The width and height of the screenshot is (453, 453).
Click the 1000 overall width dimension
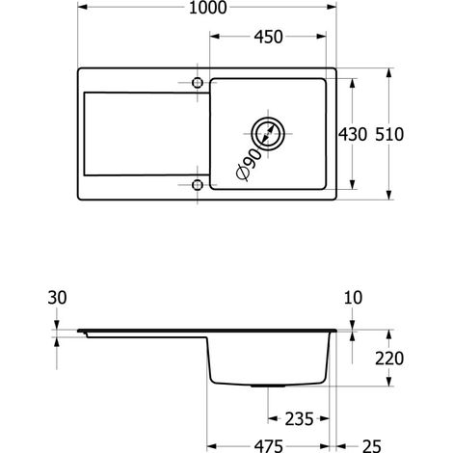click(x=207, y=8)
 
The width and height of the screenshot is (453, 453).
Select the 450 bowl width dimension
click(x=268, y=37)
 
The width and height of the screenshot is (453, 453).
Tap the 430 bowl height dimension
click(x=353, y=134)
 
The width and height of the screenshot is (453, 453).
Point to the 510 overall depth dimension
click(x=389, y=134)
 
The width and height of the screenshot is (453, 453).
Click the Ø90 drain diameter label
click(x=250, y=164)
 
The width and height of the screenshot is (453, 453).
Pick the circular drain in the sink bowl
click(x=268, y=134)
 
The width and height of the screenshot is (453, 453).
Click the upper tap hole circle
click(x=198, y=83)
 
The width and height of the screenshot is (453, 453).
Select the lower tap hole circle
click(x=198, y=185)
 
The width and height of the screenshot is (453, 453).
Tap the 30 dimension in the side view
click(x=57, y=298)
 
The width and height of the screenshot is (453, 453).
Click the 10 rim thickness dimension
click(x=353, y=298)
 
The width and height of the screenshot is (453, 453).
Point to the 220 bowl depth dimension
click(x=389, y=359)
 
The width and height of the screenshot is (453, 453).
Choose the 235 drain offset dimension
click(x=299, y=419)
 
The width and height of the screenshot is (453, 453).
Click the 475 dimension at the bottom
click(x=269, y=446)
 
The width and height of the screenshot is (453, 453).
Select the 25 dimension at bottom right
click(x=372, y=446)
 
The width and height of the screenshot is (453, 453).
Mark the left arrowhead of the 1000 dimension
click(x=83, y=7)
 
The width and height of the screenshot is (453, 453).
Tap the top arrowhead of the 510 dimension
click(x=389, y=73)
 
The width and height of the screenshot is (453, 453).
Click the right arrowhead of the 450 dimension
click(x=321, y=37)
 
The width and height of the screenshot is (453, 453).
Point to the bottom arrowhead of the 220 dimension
click(x=389, y=381)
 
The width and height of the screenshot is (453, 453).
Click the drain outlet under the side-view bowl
click(x=268, y=386)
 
